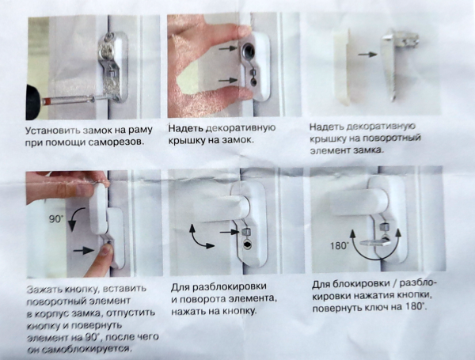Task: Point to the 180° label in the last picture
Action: tap(340, 245)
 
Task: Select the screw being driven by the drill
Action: tap(75, 100)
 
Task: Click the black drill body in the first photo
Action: tap(33, 102)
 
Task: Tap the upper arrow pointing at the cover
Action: tap(228, 47)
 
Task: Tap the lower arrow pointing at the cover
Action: tap(228, 80)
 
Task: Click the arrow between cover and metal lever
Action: tap(367, 55)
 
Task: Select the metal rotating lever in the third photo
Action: tap(397, 62)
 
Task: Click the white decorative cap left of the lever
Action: tap(342, 66)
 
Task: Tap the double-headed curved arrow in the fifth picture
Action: tap(199, 237)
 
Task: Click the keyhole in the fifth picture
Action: tap(247, 244)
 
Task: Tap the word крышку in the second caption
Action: tap(184, 141)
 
